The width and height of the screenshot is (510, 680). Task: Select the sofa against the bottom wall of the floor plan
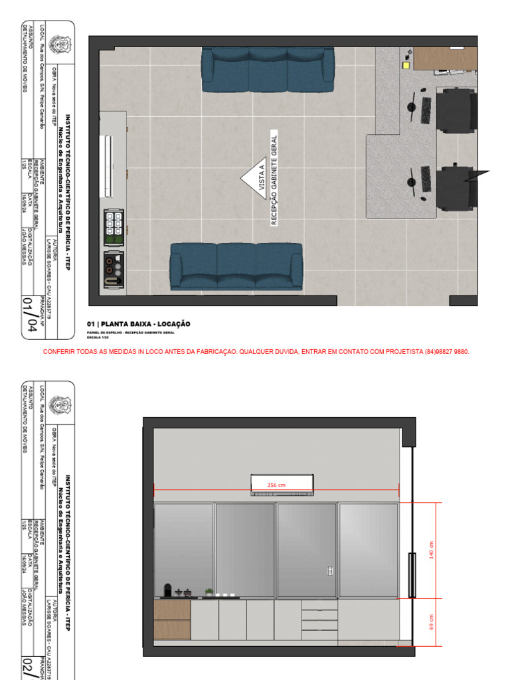click(236, 266)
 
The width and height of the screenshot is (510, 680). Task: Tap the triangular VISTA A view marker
click(254, 177)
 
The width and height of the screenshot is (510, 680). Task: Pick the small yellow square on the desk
click(406, 64)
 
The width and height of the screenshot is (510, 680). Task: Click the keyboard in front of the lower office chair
click(426, 180)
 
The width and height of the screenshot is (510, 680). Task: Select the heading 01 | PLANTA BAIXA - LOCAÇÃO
click(138, 324)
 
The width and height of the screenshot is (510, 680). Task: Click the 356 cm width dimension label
click(276, 485)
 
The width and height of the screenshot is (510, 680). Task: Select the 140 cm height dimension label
click(430, 550)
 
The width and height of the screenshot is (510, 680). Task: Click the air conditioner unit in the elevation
click(282, 485)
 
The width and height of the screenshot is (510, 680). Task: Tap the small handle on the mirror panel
click(331, 570)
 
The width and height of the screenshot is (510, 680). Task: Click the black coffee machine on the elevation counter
click(167, 590)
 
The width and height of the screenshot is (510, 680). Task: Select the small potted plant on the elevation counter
click(209, 592)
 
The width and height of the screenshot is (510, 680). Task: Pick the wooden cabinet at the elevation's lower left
click(172, 619)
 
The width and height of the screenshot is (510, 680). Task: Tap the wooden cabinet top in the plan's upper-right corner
click(445, 58)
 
